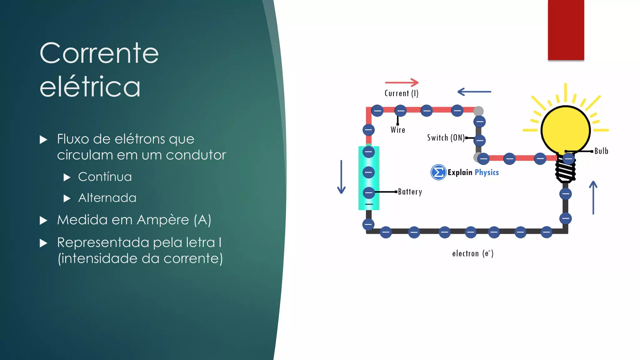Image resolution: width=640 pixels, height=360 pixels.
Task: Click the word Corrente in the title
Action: (99, 53)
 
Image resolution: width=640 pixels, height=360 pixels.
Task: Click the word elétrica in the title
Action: (90, 87)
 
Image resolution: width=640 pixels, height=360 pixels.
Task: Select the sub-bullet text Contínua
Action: (105, 177)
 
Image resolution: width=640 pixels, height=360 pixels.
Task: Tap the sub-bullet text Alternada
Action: (107, 198)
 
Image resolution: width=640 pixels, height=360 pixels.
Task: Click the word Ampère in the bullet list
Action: (163, 220)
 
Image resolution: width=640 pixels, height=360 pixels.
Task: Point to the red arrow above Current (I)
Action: (402, 82)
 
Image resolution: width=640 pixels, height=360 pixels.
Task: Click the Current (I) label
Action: (401, 93)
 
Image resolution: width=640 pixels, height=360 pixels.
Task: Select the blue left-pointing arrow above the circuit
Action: (474, 92)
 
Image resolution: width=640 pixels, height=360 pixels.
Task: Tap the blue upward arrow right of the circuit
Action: (593, 197)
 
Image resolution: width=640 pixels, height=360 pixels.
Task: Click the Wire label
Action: (398, 130)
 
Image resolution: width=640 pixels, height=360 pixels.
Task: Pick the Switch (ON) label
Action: (446, 138)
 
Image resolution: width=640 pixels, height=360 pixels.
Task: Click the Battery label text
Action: (410, 192)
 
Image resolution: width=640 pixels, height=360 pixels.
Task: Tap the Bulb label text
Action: (601, 151)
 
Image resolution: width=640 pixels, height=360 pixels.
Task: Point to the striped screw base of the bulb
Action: (565, 172)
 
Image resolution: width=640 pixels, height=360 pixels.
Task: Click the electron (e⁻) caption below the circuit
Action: (473, 253)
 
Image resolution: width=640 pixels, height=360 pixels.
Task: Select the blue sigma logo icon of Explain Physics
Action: (438, 172)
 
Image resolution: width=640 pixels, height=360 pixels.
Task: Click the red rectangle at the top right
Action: (566, 30)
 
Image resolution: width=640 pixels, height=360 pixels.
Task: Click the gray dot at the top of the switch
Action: (478, 111)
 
